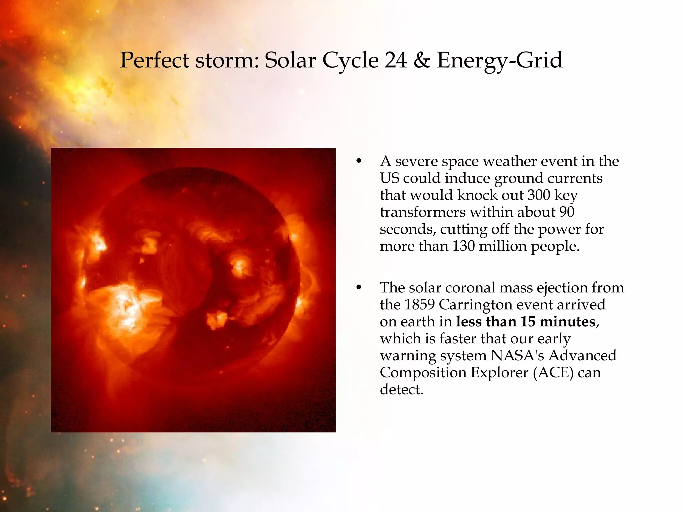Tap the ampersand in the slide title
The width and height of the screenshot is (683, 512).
(x=422, y=60)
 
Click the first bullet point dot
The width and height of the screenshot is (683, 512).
(x=359, y=161)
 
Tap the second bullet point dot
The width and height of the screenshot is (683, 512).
(x=359, y=287)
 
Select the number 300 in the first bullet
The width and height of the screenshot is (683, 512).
(x=538, y=195)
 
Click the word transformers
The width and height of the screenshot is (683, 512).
(x=423, y=212)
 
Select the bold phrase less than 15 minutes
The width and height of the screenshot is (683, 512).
(x=526, y=322)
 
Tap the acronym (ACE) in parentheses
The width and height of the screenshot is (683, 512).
(x=553, y=373)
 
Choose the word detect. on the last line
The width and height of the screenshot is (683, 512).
(x=401, y=390)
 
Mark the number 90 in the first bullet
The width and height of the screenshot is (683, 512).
(x=566, y=212)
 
